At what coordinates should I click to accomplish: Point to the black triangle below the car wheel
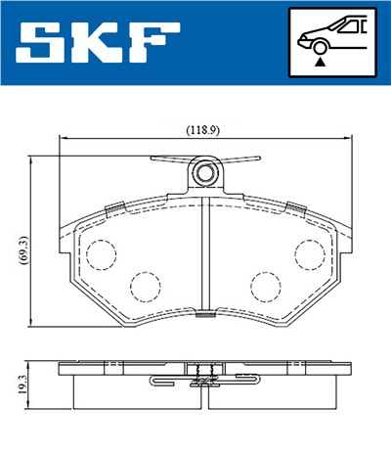[320, 61]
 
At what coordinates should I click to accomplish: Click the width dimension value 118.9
[202, 128]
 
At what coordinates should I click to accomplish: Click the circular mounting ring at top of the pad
[205, 174]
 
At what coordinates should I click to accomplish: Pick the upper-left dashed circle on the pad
[101, 254]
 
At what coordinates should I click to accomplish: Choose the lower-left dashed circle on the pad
[146, 286]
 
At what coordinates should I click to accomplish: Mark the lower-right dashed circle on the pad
[265, 286]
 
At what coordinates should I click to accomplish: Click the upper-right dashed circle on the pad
[311, 254]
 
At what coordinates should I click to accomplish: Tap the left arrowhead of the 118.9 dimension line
[63, 139]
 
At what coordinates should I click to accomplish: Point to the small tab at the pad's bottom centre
[204, 316]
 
